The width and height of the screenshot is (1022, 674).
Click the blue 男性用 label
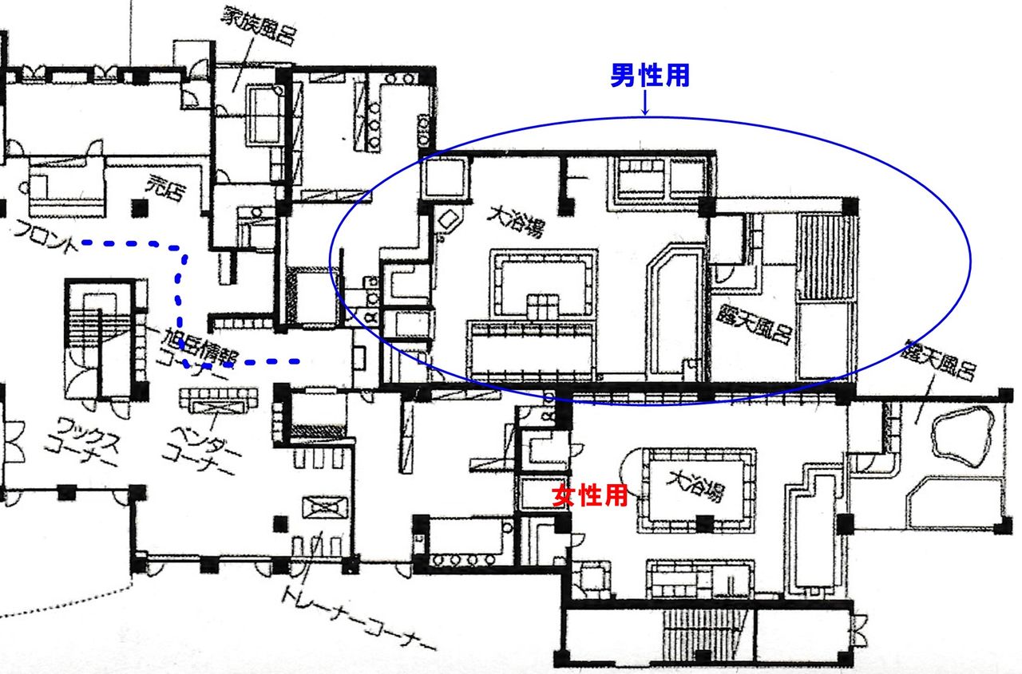pyautogui.click(x=649, y=76)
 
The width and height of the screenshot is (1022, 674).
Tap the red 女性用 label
pyautogui.click(x=592, y=496)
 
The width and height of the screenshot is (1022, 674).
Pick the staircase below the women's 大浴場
pyautogui.click(x=695, y=631)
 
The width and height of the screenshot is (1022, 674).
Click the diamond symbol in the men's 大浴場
pyautogui.click(x=449, y=219)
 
